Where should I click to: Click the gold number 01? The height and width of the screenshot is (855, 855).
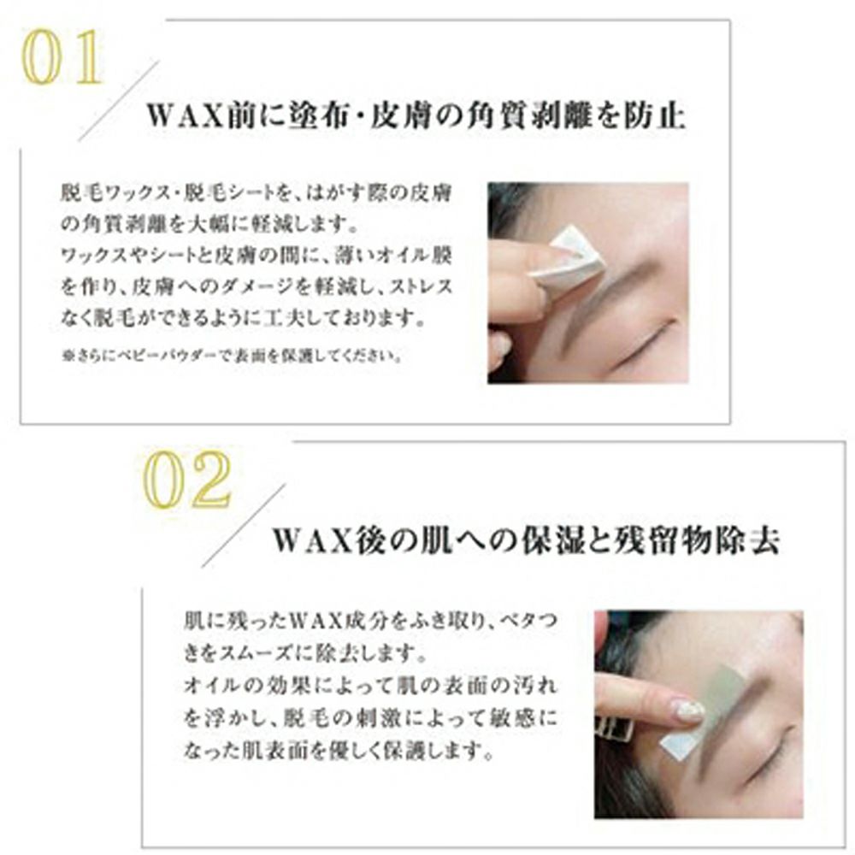coord(62,57)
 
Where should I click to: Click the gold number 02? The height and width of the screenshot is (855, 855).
coord(187,481)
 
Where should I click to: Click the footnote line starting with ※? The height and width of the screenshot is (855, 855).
coord(233,356)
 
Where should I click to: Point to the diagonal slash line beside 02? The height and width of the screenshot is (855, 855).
coord(243,526)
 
